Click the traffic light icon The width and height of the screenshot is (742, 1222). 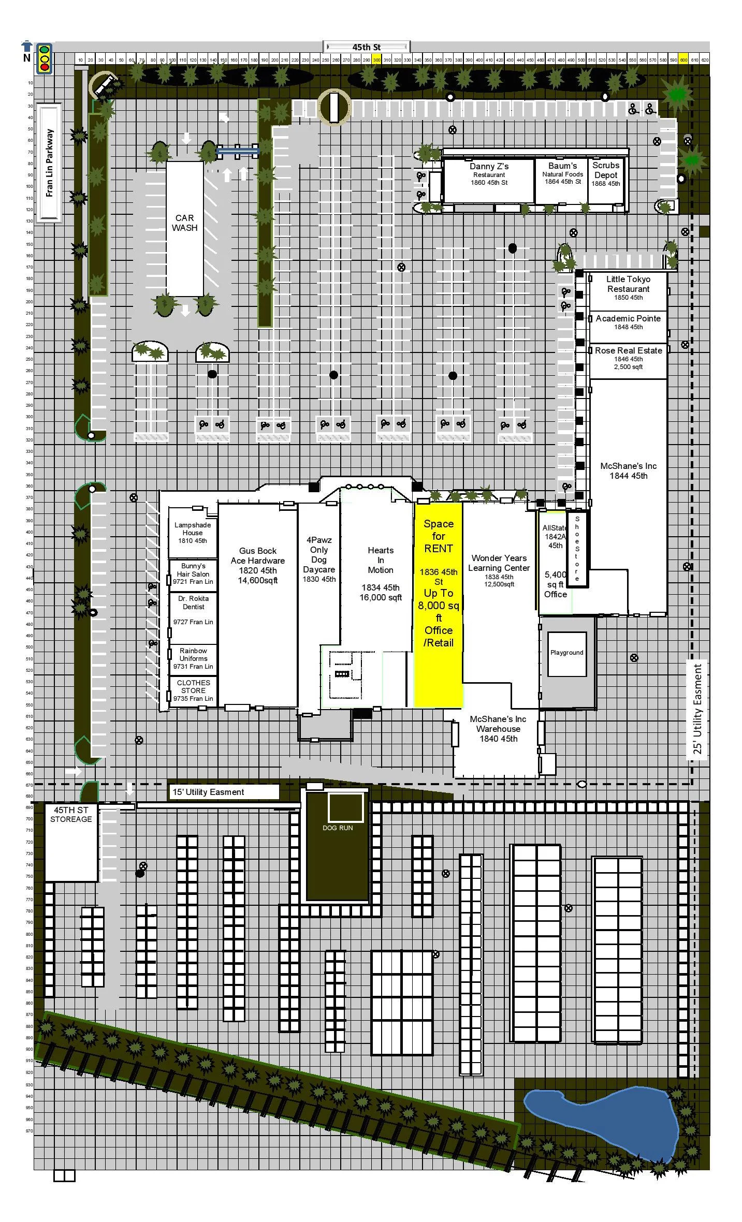(x=45, y=58)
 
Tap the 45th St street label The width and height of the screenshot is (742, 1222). (x=367, y=47)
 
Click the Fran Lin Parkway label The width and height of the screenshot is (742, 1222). (x=50, y=163)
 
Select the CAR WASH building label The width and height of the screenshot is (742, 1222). (x=185, y=223)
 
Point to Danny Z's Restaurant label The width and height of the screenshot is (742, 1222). (x=489, y=173)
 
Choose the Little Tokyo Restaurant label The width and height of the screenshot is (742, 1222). (x=628, y=288)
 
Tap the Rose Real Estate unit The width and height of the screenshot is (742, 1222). (x=628, y=358)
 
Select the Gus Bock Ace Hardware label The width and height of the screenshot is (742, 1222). (x=258, y=565)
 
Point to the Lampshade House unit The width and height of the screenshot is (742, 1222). (x=193, y=533)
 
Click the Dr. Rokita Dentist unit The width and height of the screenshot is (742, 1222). (x=193, y=611)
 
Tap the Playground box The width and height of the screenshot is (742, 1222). (x=567, y=653)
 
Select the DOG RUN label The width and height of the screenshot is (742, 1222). (x=338, y=828)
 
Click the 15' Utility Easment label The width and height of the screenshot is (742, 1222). (x=208, y=792)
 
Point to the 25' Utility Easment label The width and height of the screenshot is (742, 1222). (x=697, y=712)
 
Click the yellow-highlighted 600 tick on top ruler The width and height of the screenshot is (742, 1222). (x=683, y=60)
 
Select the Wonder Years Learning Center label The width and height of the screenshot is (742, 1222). (x=499, y=568)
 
